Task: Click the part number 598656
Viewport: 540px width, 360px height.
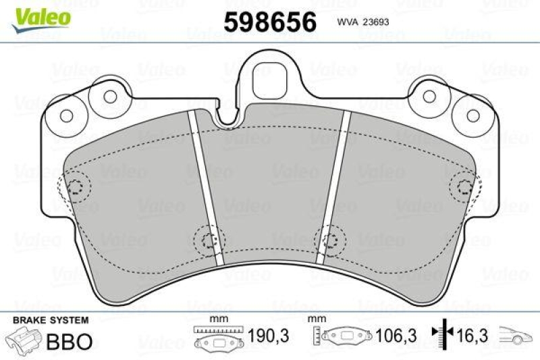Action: coord(270,22)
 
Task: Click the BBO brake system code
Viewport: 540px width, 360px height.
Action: coord(67,341)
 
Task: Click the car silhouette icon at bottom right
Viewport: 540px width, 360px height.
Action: coord(516,336)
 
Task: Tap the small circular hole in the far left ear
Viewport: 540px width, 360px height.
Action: coord(65,115)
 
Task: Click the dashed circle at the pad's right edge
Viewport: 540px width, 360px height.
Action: coord(465,187)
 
